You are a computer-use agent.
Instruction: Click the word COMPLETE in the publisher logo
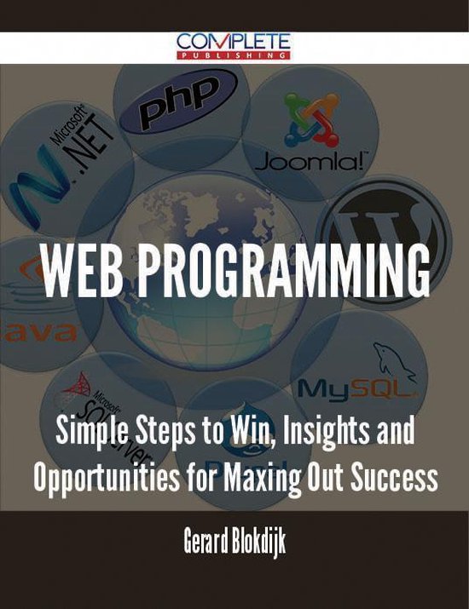tap(234, 40)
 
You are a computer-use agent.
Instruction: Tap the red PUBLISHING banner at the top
tap(234, 55)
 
